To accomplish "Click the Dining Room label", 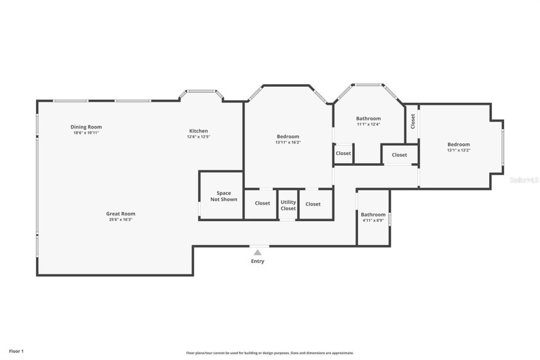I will [86, 127].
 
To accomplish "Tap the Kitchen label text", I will [198, 131].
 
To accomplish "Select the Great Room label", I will [121, 214].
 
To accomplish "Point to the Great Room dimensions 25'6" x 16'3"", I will [121, 220].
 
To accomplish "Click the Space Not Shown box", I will [223, 196].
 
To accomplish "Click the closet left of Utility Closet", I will [262, 204].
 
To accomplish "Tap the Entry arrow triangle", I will [258, 253].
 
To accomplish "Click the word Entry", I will [258, 262].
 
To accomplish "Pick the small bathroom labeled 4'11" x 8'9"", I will [373, 217].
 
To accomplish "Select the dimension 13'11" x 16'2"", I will [288, 143].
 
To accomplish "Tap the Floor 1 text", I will [16, 351].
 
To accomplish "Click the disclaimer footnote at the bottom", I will [270, 353].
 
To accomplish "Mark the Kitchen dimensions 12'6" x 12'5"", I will [199, 137].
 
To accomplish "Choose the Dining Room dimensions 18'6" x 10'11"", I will [86, 132].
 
